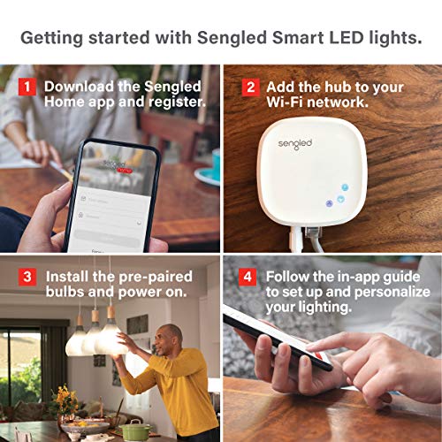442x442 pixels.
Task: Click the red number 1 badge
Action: tap(27, 87)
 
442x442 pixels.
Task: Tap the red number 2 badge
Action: tap(250, 87)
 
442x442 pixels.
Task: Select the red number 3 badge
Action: tap(27, 277)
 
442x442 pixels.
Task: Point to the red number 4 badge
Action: tap(250, 277)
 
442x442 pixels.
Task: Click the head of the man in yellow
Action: tap(167, 336)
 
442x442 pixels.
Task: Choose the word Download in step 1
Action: tap(80, 87)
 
